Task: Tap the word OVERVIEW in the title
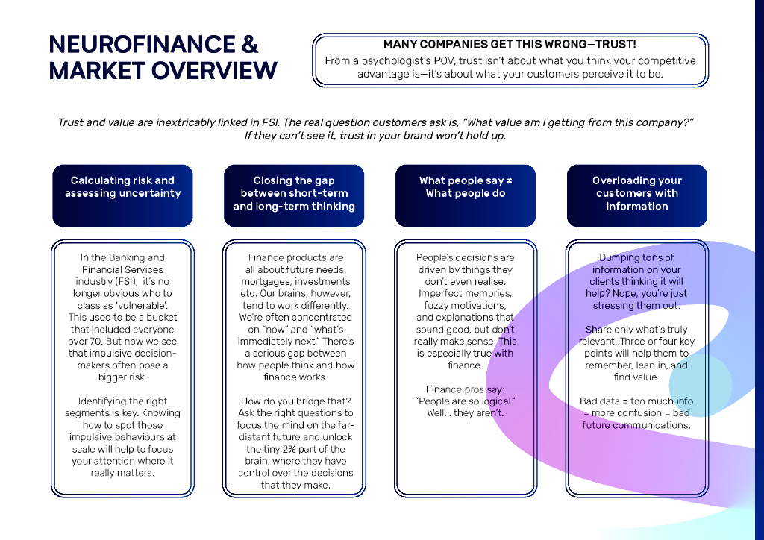[216, 71]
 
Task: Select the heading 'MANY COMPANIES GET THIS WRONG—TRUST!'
[510, 45]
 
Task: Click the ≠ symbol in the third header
[509, 180]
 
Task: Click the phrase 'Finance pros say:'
[465, 389]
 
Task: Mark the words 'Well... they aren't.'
[465, 413]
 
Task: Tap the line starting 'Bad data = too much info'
[636, 401]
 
